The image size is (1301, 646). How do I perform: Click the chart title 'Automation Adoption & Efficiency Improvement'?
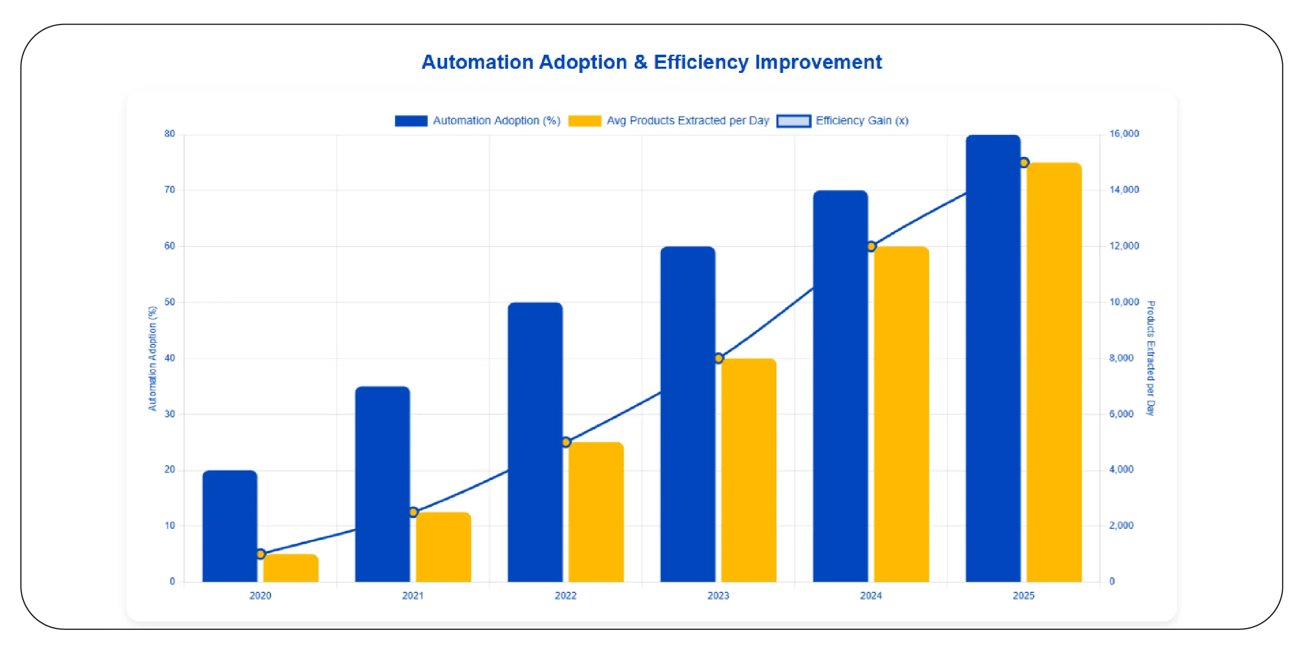click(x=651, y=62)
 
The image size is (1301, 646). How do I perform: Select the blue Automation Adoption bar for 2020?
click(x=230, y=526)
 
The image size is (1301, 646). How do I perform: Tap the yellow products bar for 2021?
click(x=443, y=547)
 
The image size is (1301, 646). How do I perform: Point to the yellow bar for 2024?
click(x=901, y=414)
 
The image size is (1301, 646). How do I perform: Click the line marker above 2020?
click(x=261, y=554)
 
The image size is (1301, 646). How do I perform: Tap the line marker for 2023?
click(x=718, y=358)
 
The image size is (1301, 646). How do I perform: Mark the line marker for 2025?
click(x=1024, y=163)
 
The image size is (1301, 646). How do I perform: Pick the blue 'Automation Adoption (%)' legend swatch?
click(x=411, y=121)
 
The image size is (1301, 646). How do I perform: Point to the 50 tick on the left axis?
click(x=170, y=302)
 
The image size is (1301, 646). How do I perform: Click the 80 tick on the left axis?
click(x=170, y=134)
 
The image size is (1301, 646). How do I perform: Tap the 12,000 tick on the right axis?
click(x=1124, y=246)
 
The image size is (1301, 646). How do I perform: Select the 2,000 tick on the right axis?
click(x=1121, y=526)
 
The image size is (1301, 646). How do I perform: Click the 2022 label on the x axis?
click(x=566, y=595)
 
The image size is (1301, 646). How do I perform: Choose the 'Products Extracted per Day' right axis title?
click(x=1150, y=358)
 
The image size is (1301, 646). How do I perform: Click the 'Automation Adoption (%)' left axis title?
click(x=152, y=358)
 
